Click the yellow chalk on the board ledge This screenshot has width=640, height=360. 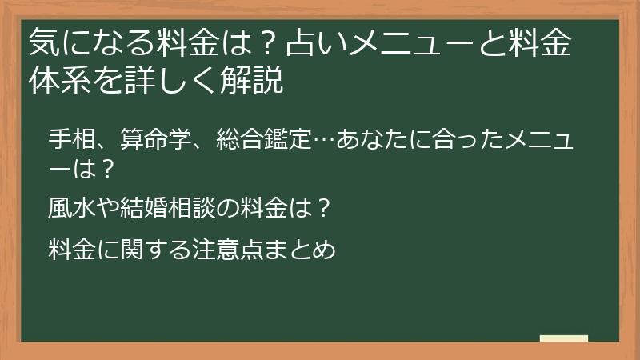tap(563, 338)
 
